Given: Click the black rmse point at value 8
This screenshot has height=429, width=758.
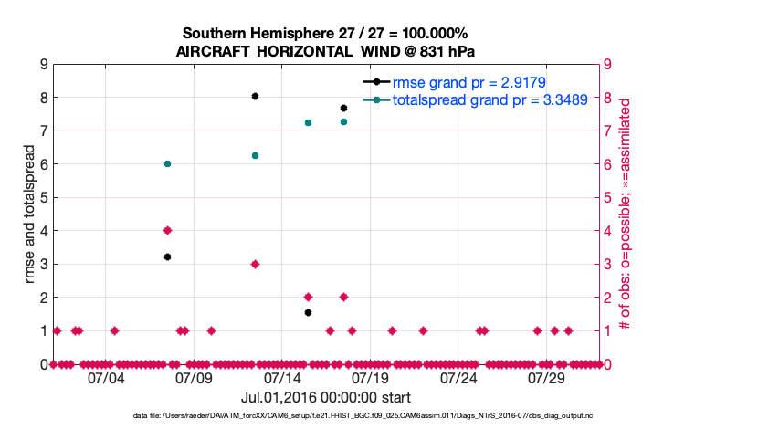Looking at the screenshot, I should tap(256, 96).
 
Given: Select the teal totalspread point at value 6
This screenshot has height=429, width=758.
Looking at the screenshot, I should tap(167, 163).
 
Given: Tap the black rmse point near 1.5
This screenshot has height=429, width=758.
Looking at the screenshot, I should tap(309, 312).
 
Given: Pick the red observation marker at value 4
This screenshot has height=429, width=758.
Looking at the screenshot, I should tap(167, 230).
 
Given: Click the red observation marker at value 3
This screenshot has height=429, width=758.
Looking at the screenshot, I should tap(256, 264).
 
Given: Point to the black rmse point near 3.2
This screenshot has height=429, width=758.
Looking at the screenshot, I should tap(167, 256).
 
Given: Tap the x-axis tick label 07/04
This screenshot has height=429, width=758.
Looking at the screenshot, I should tap(105, 378).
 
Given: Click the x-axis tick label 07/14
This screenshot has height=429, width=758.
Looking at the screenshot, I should tap(282, 378).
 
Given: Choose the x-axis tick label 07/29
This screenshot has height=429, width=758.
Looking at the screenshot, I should tap(547, 378).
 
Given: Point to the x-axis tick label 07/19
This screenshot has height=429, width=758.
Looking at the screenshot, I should tap(371, 378).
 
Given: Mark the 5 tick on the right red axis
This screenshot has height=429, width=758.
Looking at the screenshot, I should tap(607, 197).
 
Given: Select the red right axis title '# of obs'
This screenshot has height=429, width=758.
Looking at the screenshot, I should tap(626, 214).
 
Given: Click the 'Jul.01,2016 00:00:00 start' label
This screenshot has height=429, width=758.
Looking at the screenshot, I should tap(325, 397).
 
